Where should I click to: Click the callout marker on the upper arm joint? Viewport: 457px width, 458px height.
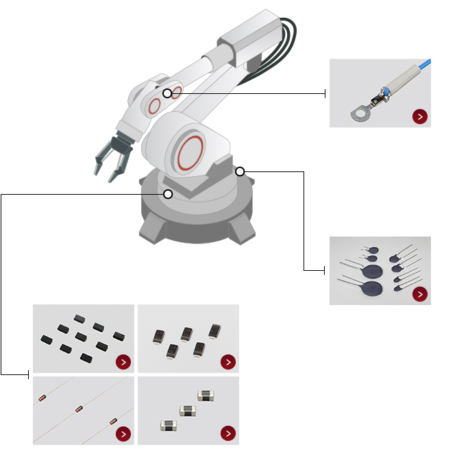[x=167, y=93]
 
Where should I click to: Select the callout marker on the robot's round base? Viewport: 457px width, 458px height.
[x=168, y=194]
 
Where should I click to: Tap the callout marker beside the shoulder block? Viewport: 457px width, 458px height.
[x=240, y=171]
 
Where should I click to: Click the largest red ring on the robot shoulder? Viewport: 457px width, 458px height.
[x=190, y=152]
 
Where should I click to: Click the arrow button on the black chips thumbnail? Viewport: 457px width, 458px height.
[x=123, y=362]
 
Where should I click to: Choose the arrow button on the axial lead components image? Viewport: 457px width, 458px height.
[x=123, y=433]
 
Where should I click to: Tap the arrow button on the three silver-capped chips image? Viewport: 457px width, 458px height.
[x=228, y=433]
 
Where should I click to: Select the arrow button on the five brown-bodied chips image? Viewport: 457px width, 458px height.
[x=228, y=362]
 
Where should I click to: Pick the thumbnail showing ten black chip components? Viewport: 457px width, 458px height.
[x=83, y=338]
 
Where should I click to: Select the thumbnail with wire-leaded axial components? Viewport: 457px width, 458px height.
[x=83, y=410]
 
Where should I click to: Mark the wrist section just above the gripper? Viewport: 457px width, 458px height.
[x=129, y=127]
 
